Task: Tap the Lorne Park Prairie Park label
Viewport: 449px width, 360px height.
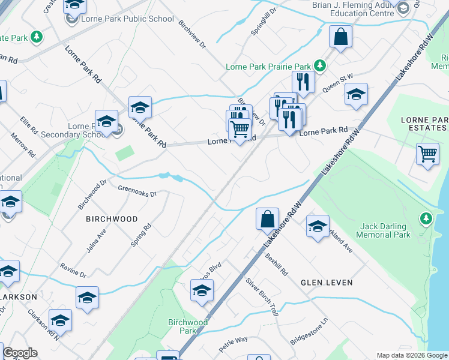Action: (268, 67)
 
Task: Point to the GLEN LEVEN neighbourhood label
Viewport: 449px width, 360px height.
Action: (327, 282)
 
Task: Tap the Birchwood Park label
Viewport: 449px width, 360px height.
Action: (188, 326)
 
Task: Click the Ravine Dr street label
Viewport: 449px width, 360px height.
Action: (73, 269)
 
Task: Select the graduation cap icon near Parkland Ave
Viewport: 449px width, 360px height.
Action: (318, 226)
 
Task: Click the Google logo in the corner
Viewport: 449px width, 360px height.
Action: (20, 353)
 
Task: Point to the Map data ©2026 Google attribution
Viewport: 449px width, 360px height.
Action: (411, 355)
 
